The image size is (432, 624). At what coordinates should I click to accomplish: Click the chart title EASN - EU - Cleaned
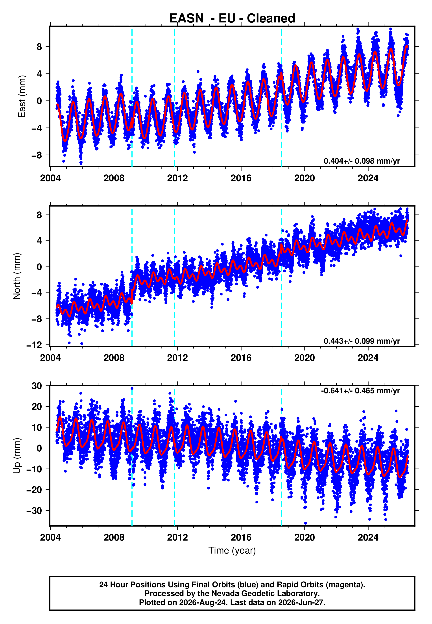click(x=232, y=18)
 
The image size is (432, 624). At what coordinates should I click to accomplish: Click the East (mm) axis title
click(x=22, y=96)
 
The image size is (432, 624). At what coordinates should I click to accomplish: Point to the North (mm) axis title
click(x=17, y=276)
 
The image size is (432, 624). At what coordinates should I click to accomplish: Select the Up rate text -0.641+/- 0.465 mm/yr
click(x=360, y=391)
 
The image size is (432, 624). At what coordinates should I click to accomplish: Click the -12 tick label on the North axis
click(x=34, y=345)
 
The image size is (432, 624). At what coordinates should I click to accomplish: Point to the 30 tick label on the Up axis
click(x=37, y=386)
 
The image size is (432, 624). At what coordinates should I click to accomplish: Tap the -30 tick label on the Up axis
click(x=34, y=511)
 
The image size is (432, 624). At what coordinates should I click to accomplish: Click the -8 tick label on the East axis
click(x=37, y=155)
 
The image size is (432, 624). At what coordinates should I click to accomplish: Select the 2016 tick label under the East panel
click(x=241, y=178)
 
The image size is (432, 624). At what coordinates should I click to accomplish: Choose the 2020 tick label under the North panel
click(x=305, y=358)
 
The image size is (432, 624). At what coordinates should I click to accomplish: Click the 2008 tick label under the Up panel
click(x=114, y=537)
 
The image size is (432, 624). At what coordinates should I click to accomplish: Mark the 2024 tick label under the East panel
click(x=368, y=178)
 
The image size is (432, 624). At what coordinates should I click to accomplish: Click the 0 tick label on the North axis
click(x=39, y=267)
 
